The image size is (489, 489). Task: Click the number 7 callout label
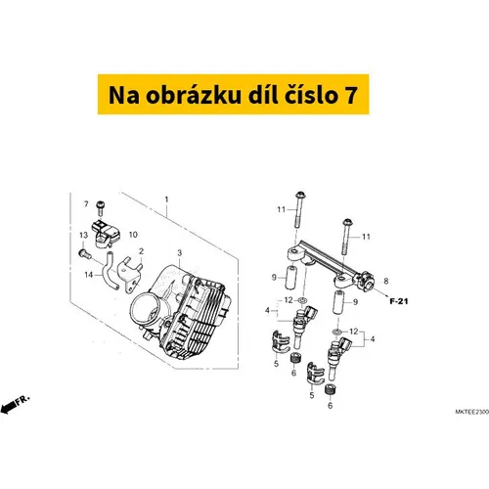(86, 204)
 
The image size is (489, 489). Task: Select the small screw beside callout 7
(100, 208)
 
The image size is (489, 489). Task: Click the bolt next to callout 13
(84, 253)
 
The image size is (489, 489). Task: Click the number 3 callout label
(179, 253)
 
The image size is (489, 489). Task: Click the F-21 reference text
(399, 301)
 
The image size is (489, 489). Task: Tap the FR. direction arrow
(15, 404)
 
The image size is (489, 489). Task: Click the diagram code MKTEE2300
(471, 412)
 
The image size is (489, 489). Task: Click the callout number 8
(386, 281)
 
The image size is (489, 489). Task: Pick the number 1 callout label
(166, 200)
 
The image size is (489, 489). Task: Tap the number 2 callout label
(141, 251)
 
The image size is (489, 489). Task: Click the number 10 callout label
(133, 235)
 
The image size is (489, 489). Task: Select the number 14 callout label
(89, 275)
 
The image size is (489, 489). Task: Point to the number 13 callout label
(84, 235)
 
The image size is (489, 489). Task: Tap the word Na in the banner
(124, 95)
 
